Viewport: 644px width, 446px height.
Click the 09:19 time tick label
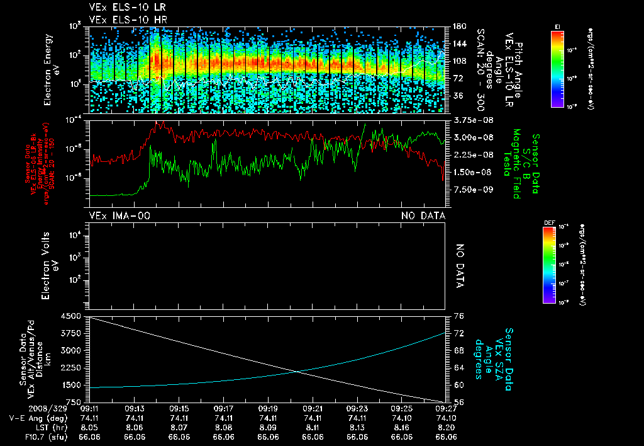pos(269,408)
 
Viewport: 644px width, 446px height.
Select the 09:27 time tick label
pos(446,408)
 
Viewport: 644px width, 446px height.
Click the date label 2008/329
pos(23,408)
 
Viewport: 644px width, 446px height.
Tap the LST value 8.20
pos(446,426)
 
